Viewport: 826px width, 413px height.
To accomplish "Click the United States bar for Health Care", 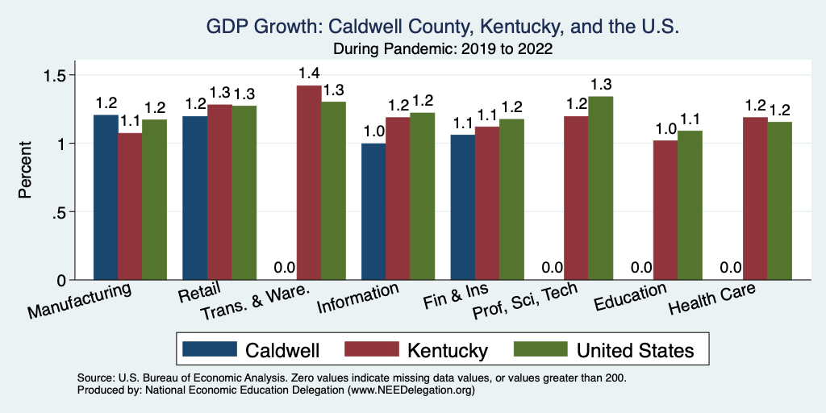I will (x=779, y=201).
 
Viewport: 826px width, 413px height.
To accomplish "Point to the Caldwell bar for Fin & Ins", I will (x=462, y=207).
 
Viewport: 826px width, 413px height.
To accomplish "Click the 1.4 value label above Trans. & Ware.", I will (x=309, y=74).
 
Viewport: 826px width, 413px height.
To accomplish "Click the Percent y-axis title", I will (x=26, y=170).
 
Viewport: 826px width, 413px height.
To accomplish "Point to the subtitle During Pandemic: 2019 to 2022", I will (x=443, y=48).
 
